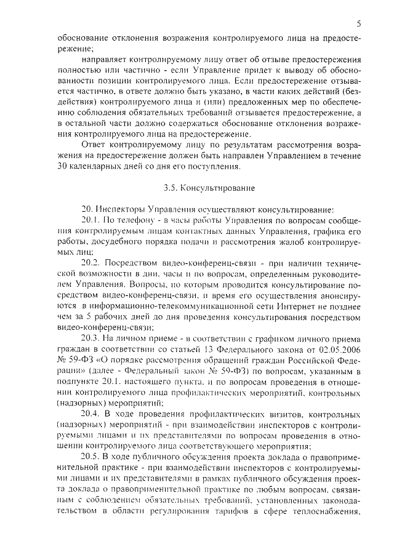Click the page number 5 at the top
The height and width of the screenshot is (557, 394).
[x=358, y=24]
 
